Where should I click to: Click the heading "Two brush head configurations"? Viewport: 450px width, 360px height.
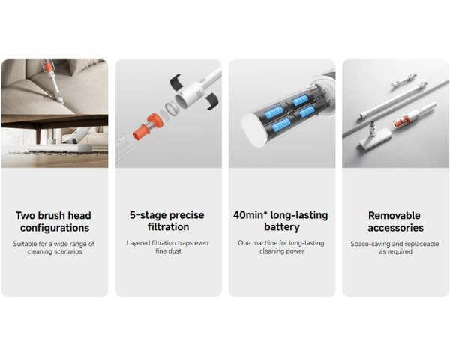(55, 222)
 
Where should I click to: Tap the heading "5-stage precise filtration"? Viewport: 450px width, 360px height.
(167, 221)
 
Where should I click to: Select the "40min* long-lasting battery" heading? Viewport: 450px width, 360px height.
(280, 221)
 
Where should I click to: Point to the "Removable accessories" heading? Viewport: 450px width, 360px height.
(395, 222)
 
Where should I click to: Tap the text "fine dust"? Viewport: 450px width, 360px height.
(168, 251)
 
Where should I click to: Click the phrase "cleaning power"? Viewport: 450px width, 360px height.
(282, 251)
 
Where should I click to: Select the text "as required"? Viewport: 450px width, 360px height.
(395, 251)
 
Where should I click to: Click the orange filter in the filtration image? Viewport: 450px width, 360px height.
(148, 127)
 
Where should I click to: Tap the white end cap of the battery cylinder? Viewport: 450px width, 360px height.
(253, 130)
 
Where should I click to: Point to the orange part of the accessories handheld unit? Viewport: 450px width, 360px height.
(401, 121)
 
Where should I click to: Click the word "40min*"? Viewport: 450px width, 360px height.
(250, 215)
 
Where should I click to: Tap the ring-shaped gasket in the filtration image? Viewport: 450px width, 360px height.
(172, 109)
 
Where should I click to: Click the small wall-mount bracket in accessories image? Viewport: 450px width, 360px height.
(403, 80)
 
